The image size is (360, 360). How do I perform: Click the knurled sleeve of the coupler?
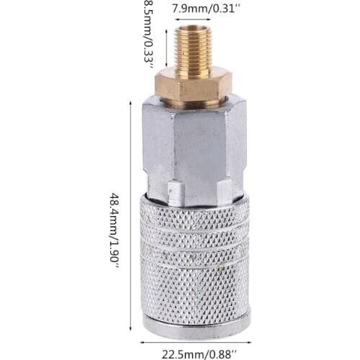pos(195,259)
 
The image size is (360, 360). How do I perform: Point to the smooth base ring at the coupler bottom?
pos(196,326)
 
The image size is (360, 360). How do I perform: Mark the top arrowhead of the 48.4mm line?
pos(129,102)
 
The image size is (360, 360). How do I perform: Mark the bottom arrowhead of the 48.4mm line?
pos(129,337)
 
